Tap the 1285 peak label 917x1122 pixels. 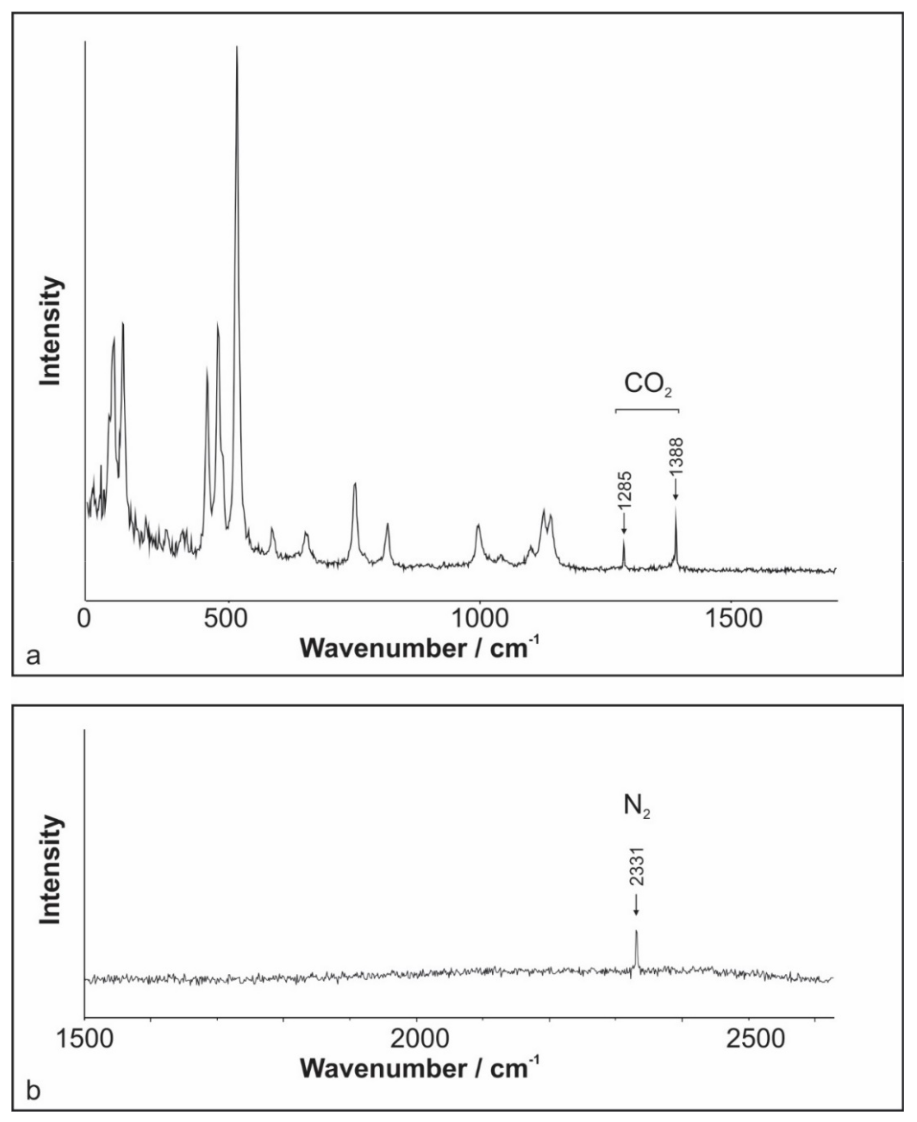[625, 490]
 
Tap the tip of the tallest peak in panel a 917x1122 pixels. [237, 48]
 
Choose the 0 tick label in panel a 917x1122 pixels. [84, 619]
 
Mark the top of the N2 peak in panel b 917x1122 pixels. [637, 932]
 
